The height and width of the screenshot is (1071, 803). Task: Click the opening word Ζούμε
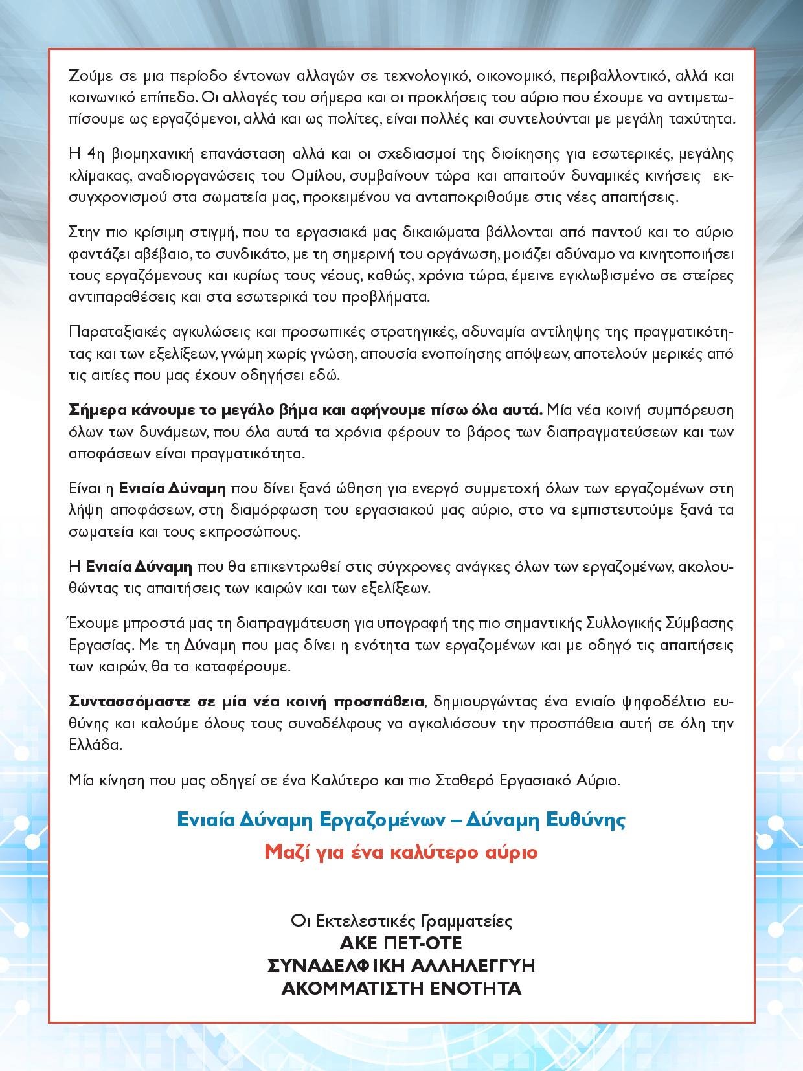[x=89, y=76]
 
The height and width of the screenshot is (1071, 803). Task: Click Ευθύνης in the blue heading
[x=586, y=820]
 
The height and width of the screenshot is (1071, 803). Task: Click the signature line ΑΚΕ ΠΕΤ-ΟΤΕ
[x=401, y=942]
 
